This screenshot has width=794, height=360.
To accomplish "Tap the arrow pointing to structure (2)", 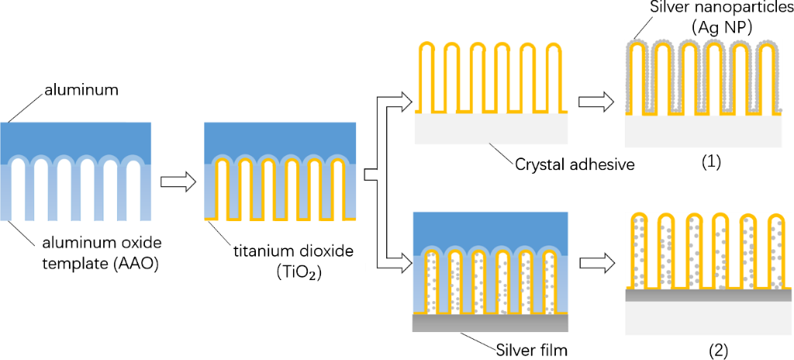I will [595, 264].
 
